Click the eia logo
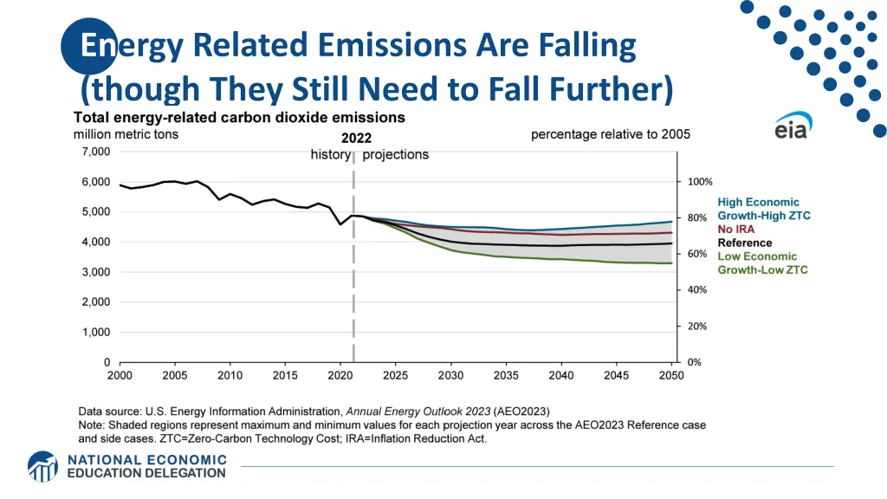coord(791,126)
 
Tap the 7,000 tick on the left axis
coord(95,152)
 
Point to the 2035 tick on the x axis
coord(506,375)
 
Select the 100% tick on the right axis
coord(700,182)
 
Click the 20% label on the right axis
coord(697,327)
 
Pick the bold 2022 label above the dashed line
coord(356,138)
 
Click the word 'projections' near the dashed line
coord(395,155)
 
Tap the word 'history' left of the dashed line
coord(330,155)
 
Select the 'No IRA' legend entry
coord(735,229)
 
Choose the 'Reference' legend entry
coord(744,243)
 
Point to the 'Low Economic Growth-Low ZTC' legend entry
coord(762,263)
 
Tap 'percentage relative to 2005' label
coord(610,134)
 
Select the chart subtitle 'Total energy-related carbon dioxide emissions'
coord(239,117)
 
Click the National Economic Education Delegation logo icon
coord(42,466)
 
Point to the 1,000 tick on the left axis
coord(95,333)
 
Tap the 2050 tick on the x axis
coord(671,375)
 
